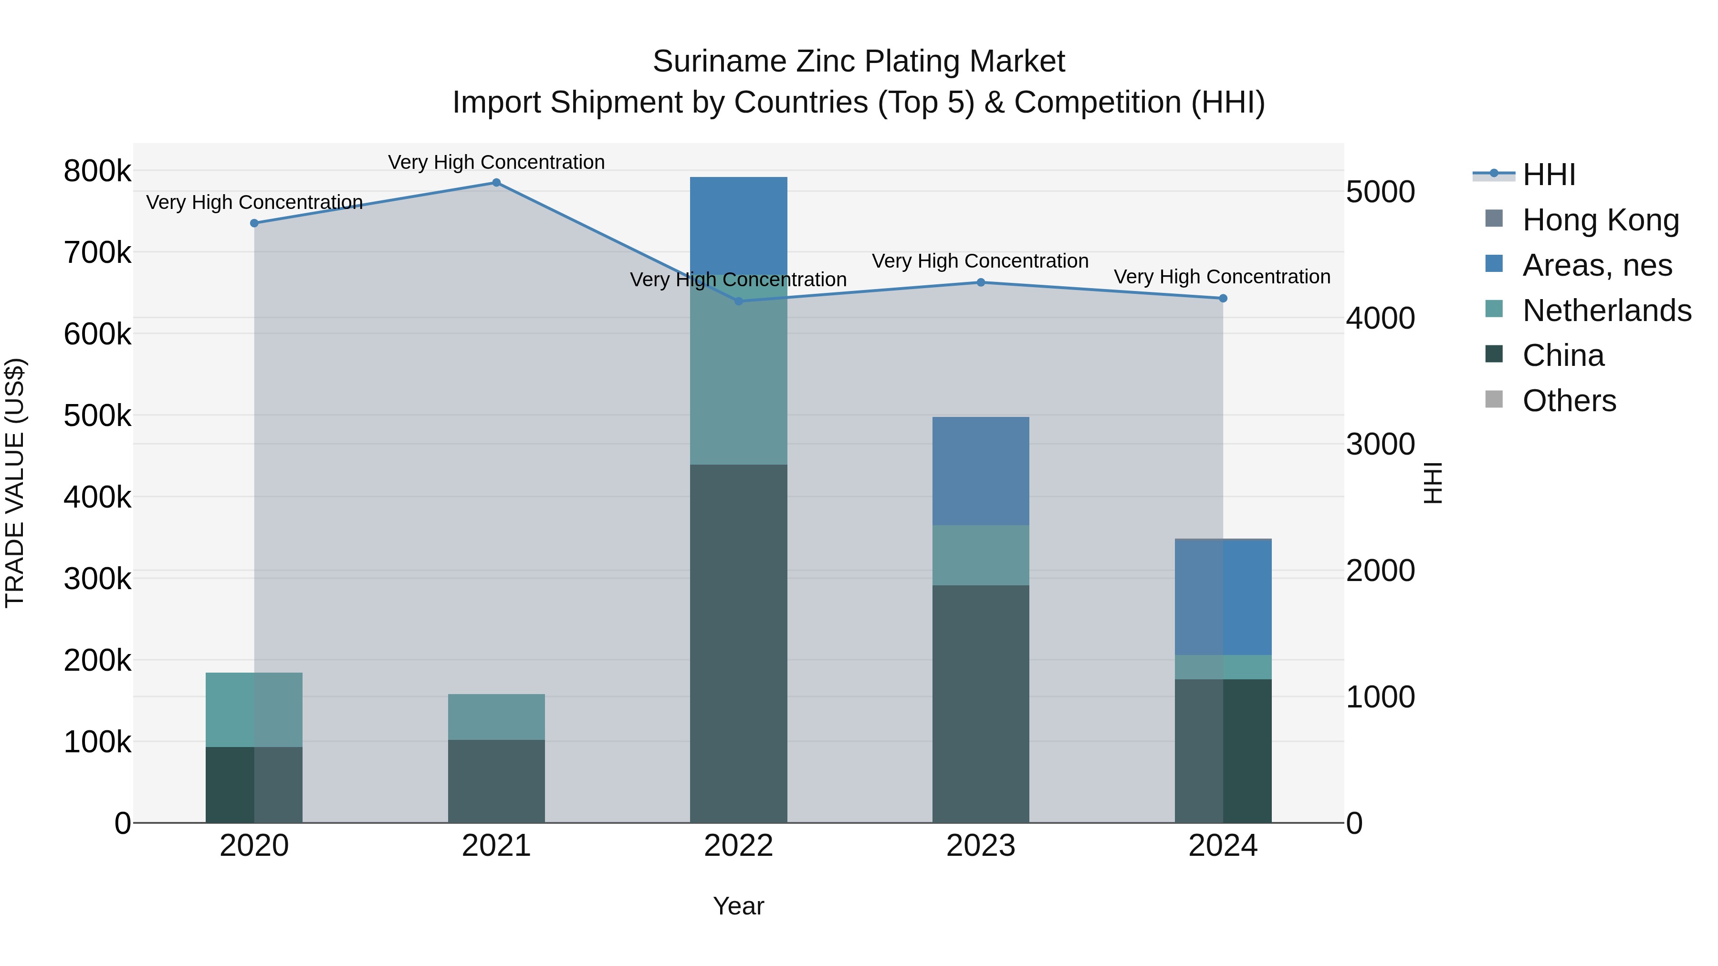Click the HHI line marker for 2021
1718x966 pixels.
[496, 183]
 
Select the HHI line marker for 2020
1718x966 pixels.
[254, 223]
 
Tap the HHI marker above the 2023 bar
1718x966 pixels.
[980, 283]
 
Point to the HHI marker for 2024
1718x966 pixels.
[1223, 299]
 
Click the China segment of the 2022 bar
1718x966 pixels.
[738, 644]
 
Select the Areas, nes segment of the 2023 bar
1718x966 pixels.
[980, 471]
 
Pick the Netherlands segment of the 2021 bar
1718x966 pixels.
[496, 717]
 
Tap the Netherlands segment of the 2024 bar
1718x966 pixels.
[1223, 667]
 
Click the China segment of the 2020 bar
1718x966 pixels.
[254, 785]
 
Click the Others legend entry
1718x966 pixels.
[1569, 401]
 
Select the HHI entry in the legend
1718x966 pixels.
[1549, 175]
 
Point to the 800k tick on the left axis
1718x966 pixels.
[97, 171]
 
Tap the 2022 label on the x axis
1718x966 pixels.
[738, 846]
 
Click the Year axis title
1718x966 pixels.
[738, 906]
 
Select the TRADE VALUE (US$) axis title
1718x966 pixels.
[15, 483]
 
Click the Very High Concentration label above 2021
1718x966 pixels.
[496, 162]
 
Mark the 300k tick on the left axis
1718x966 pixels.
[97, 579]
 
